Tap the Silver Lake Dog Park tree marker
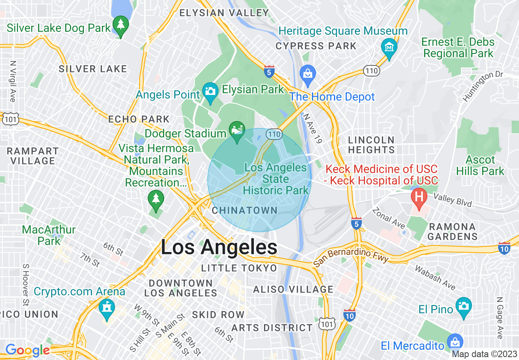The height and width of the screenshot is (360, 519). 120,25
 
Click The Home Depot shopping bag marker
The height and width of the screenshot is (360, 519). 307,74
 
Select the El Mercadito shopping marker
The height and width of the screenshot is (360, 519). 455,342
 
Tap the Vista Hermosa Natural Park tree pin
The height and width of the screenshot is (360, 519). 156,199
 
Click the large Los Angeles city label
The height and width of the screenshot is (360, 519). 219,248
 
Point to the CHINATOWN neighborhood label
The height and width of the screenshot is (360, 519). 245,210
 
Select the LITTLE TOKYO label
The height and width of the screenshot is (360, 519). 239,268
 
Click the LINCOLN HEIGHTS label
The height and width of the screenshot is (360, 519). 371,145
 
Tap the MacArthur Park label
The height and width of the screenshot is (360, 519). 49,235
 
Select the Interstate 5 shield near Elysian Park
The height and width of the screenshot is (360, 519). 269,71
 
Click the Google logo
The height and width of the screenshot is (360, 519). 27,350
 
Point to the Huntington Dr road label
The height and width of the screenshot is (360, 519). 483,86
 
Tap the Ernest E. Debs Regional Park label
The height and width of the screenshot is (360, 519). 458,47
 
